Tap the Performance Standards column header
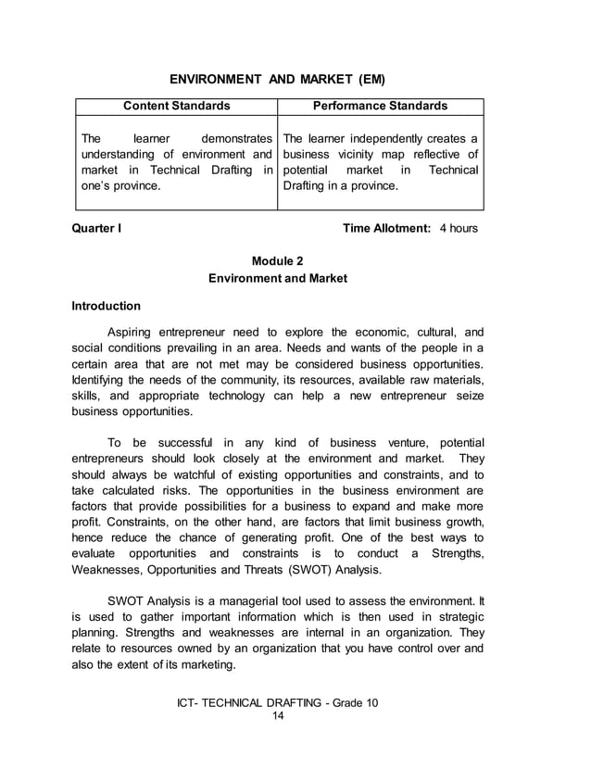click(x=380, y=106)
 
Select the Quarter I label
click(x=95, y=228)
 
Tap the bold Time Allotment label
click(x=386, y=228)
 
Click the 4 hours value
click(x=459, y=228)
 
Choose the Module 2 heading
click(x=278, y=261)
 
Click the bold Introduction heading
click(x=107, y=306)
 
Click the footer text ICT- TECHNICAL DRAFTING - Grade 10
click(x=278, y=703)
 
